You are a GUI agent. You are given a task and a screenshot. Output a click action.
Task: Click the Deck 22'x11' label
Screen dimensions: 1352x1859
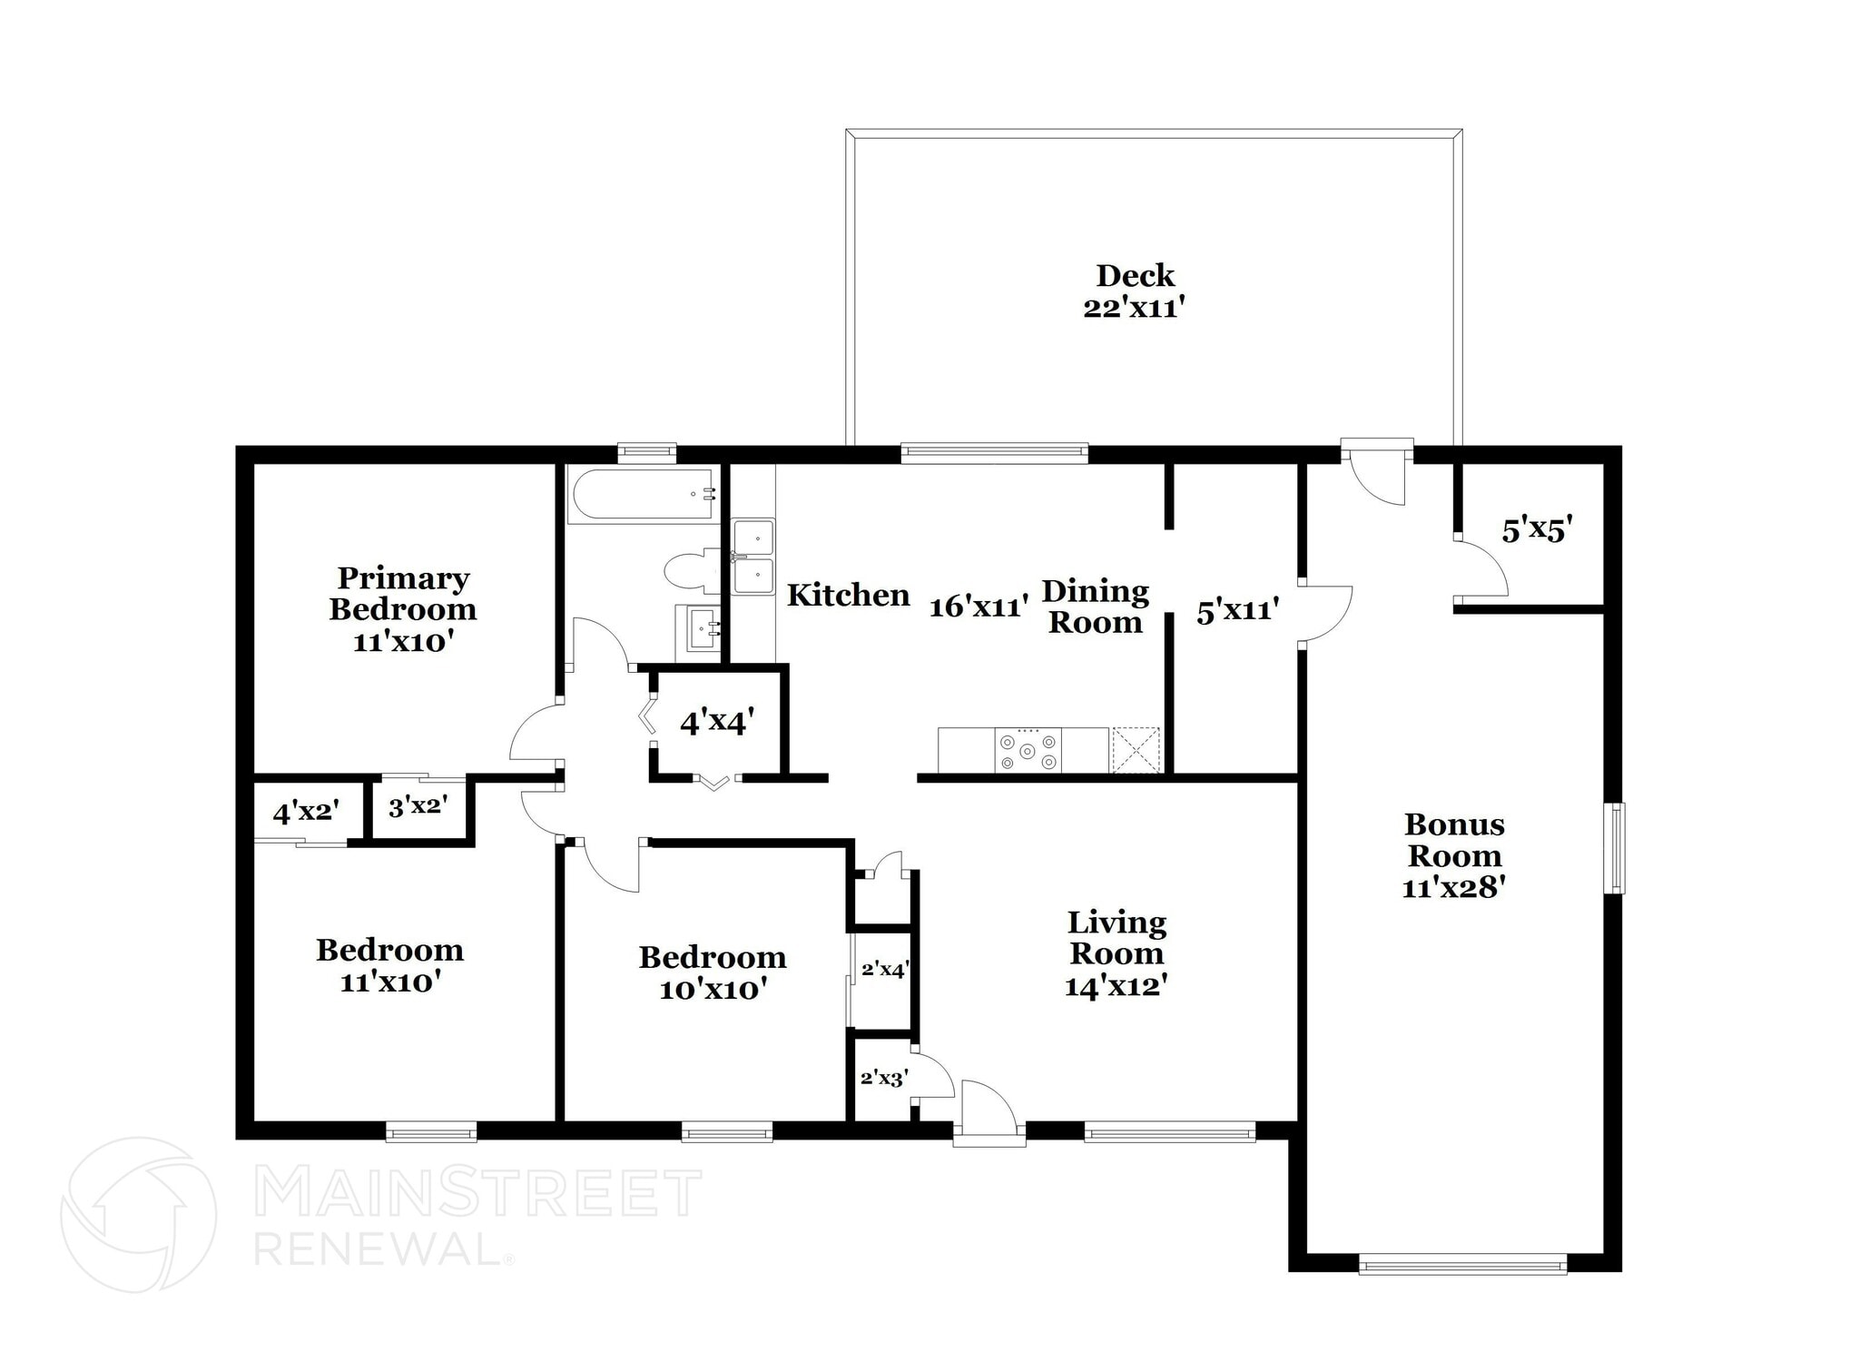pyautogui.click(x=1135, y=291)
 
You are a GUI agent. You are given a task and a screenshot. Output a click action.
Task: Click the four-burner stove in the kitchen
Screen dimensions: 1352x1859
pyautogui.click(x=1028, y=751)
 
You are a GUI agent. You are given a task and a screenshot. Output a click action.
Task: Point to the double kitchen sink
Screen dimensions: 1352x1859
pyautogui.click(x=753, y=557)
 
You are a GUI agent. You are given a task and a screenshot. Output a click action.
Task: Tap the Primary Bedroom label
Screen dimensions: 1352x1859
pyautogui.click(x=402, y=608)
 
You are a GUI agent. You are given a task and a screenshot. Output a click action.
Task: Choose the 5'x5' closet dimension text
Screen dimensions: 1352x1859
pyautogui.click(x=1536, y=529)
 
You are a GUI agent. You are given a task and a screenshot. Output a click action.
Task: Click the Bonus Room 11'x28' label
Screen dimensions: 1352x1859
pyautogui.click(x=1454, y=855)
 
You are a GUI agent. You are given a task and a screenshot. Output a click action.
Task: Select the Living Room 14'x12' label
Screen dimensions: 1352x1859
pyautogui.click(x=1116, y=953)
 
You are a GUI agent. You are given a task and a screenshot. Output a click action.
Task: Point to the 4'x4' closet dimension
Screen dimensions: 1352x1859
pyautogui.click(x=717, y=723)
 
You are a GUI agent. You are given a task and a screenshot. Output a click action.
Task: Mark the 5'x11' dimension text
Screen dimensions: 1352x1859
pyautogui.click(x=1237, y=611)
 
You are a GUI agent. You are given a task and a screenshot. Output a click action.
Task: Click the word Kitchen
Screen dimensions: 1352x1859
pyautogui.click(x=848, y=596)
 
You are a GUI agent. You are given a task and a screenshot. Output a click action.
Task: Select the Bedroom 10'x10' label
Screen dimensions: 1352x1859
pyautogui.click(x=713, y=972)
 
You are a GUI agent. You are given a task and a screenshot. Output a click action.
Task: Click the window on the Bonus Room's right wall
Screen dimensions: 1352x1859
pyautogui.click(x=1614, y=848)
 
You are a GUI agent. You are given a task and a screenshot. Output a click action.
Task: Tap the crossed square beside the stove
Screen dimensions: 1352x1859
pyautogui.click(x=1136, y=750)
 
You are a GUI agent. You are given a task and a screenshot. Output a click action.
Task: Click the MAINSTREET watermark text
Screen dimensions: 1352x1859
pyautogui.click(x=477, y=1192)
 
